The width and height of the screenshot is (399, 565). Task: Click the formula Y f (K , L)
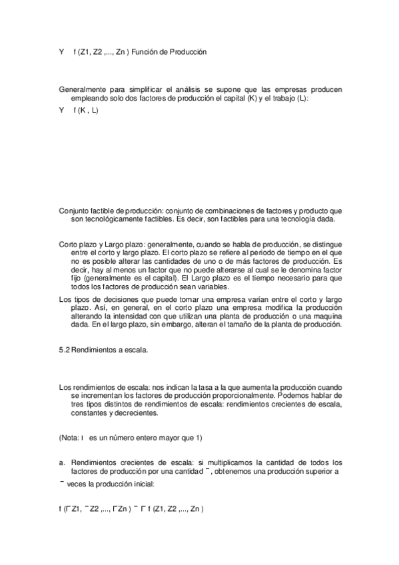tap(79, 111)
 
